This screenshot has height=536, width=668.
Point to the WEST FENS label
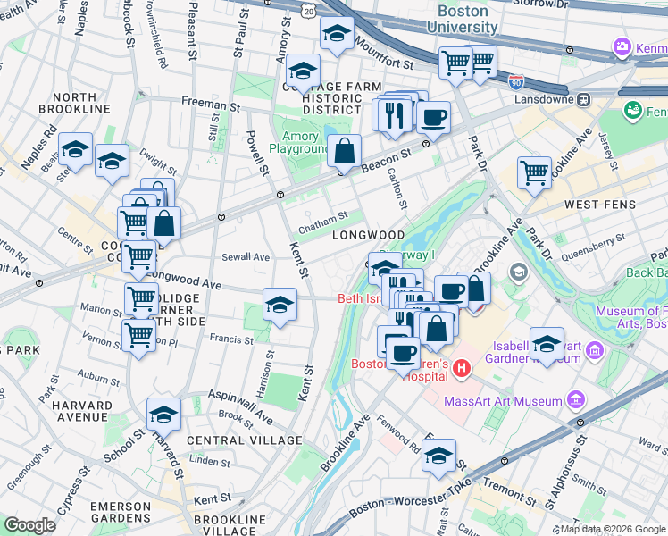click(x=599, y=205)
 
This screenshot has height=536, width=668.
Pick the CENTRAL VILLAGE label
click(x=244, y=440)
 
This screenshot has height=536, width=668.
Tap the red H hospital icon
click(x=461, y=367)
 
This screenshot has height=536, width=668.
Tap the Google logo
click(x=29, y=524)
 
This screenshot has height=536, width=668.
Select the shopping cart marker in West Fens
click(x=534, y=172)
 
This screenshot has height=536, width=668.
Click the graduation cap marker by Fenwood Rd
click(x=438, y=456)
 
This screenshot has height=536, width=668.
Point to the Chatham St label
click(x=322, y=222)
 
